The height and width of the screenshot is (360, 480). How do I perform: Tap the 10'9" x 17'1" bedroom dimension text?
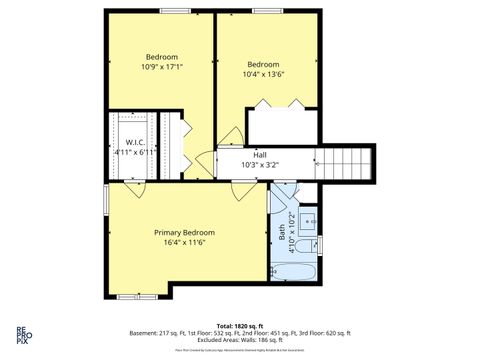click(x=162, y=66)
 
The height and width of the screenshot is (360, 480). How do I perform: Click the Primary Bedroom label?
click(x=184, y=232)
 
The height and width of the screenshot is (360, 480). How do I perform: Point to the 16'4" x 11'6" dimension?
click(x=184, y=243)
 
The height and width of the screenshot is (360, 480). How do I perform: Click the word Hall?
click(x=260, y=155)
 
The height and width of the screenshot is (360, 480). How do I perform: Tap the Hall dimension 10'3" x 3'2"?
click(x=260, y=165)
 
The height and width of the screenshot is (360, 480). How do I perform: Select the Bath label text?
click(x=281, y=233)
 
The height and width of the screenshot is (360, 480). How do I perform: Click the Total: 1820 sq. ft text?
click(x=240, y=326)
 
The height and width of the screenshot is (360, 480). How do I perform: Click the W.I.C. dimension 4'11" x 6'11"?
click(x=135, y=152)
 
